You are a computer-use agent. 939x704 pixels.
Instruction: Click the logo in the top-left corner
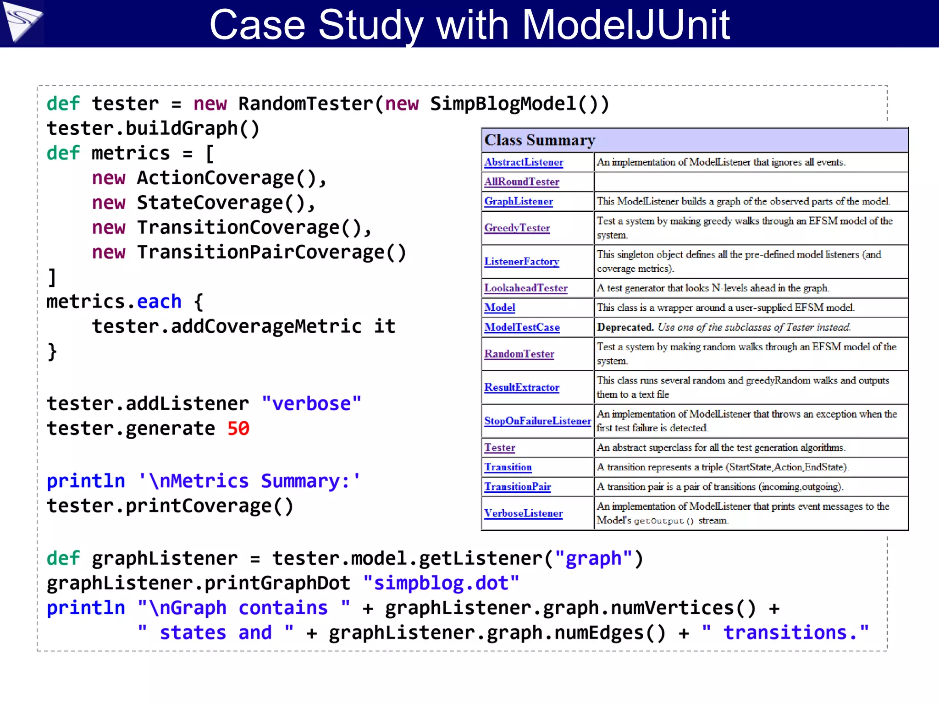22,23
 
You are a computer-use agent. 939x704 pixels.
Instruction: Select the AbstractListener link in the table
524,162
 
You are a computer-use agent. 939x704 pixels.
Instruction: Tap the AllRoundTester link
522,182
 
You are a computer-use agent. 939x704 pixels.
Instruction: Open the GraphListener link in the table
519,201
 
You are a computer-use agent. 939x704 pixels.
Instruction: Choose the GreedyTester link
517,228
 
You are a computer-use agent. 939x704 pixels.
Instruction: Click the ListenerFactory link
522,261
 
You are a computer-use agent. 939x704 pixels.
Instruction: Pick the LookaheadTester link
526,288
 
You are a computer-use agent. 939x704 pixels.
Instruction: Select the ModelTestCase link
522,327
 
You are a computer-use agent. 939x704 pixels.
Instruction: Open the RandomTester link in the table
519,354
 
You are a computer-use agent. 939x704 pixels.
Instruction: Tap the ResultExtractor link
522,387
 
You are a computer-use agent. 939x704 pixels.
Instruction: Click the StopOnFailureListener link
537,421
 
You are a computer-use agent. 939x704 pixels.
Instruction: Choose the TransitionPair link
518,487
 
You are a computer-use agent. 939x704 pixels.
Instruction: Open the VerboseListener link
523,513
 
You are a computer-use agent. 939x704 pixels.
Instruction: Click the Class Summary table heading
540,140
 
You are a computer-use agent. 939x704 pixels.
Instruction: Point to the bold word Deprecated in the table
625,327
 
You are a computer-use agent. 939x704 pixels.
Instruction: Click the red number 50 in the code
238,429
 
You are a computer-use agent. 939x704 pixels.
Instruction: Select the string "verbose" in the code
311,404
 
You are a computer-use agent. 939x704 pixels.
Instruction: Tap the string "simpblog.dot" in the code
441,583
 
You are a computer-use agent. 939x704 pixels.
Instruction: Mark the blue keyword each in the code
159,302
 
